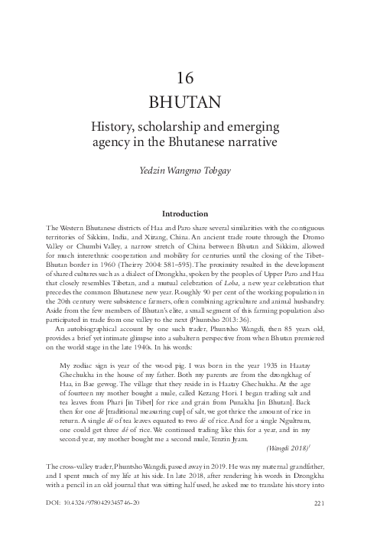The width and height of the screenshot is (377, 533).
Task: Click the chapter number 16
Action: tap(188, 79)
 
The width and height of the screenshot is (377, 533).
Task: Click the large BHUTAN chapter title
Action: tap(188, 102)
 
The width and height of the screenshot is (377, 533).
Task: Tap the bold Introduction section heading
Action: tap(188, 214)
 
